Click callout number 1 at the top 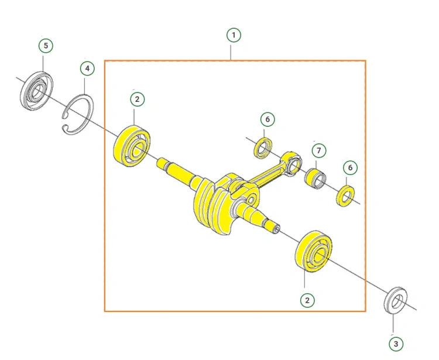tap(234, 35)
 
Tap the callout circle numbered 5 tap(46, 45)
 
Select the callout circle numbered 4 tap(87, 68)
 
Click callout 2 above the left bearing tap(137, 99)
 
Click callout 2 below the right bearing tap(307, 300)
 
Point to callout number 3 tap(396, 344)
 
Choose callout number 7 tap(319, 150)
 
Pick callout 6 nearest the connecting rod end tap(267, 119)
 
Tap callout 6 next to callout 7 tap(350, 167)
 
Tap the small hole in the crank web tap(251, 200)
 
